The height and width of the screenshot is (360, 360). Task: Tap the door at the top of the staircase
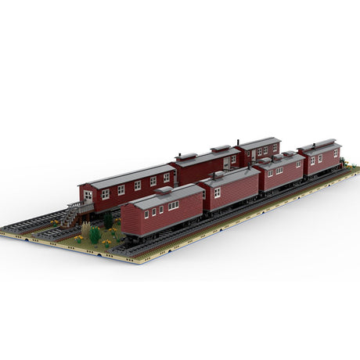coord(88,196)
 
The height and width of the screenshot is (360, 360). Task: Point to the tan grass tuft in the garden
coord(85,229)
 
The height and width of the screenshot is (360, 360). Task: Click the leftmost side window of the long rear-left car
coord(105,194)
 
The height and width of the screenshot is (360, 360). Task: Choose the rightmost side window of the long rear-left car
coord(167,178)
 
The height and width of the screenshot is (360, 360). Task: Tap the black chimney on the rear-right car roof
coord(237,142)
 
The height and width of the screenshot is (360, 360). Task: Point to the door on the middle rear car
coord(226,163)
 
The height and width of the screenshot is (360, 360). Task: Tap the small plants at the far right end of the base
coord(350,167)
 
